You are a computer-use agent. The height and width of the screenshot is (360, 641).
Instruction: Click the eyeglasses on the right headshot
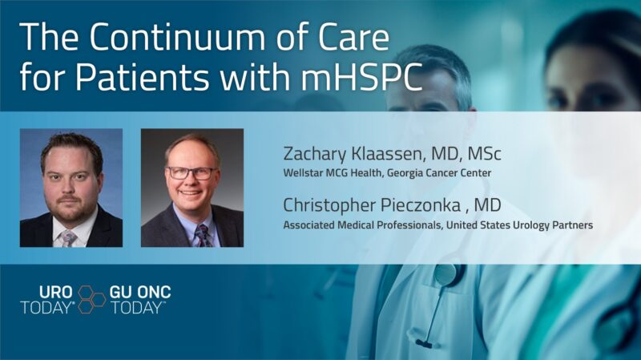pyautogui.click(x=192, y=172)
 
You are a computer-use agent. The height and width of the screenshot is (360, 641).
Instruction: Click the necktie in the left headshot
pyautogui.click(x=70, y=238)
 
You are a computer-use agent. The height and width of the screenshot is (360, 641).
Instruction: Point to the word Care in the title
pyautogui.click(x=348, y=38)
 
